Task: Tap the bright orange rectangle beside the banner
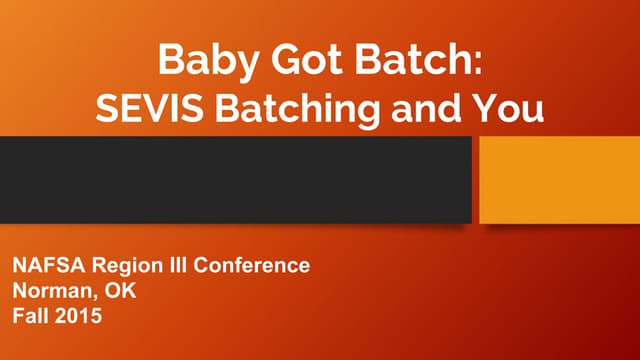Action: tap(559, 180)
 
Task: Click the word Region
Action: tap(117, 267)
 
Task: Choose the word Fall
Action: tap(29, 317)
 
